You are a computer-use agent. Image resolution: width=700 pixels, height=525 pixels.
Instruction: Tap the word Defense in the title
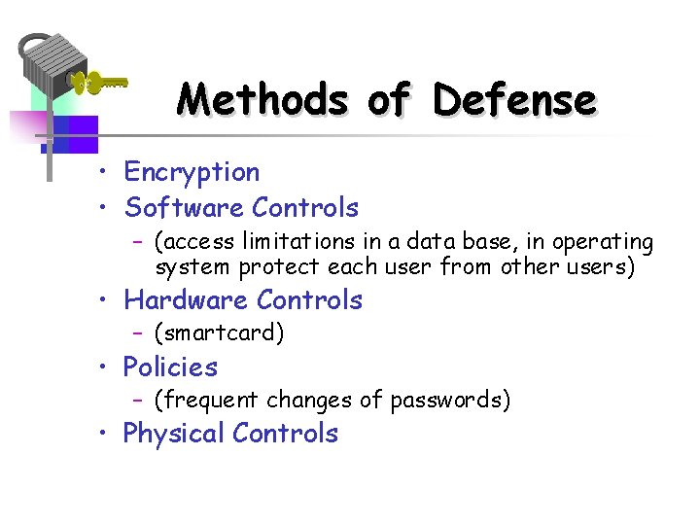514,99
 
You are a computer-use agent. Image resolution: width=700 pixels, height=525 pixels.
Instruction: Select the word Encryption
192,173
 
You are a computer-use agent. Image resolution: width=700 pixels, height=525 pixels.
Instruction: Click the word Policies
170,367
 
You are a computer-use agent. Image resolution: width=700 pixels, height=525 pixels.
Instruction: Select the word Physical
174,434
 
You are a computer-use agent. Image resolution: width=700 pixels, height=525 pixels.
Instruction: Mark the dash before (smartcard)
139,334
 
